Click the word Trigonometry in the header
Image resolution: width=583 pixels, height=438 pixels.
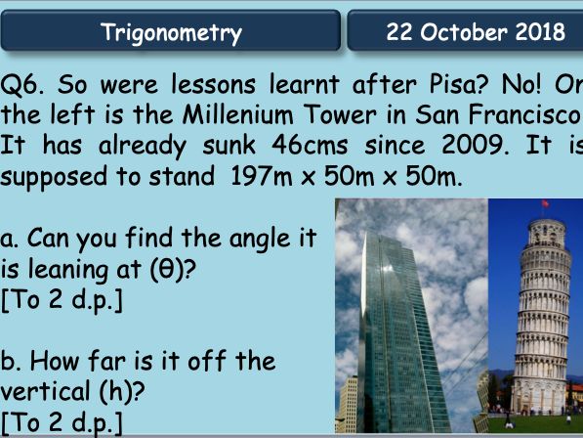[171, 33]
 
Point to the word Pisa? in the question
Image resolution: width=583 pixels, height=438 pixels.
[458, 84]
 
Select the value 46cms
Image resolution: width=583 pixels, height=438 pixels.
[310, 145]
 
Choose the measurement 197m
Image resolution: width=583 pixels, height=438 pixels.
[262, 176]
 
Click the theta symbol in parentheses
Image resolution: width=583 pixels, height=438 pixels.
[166, 269]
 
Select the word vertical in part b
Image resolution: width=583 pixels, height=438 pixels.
[45, 391]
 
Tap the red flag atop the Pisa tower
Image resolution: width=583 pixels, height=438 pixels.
[545, 203]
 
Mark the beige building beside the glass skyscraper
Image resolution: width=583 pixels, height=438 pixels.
[347, 404]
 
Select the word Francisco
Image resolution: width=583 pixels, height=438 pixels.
[525, 114]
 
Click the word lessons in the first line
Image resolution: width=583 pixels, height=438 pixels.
[214, 84]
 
